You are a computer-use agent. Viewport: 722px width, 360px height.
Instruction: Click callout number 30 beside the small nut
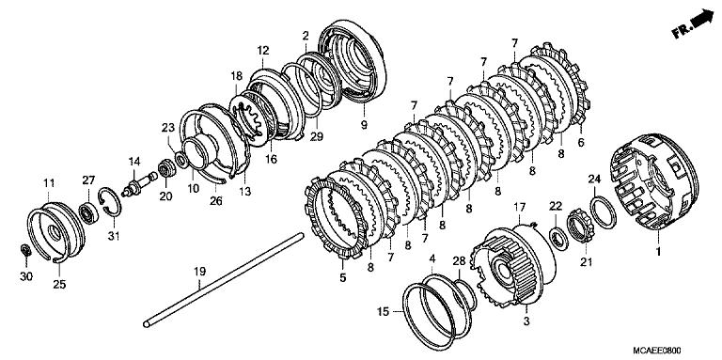(x=24, y=277)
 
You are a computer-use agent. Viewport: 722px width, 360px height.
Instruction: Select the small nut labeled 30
(x=27, y=249)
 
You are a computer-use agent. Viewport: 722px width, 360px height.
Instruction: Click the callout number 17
(x=517, y=206)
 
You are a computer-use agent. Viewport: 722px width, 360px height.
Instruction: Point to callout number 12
(x=263, y=50)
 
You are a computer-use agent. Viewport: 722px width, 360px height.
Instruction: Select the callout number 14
(x=134, y=161)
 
